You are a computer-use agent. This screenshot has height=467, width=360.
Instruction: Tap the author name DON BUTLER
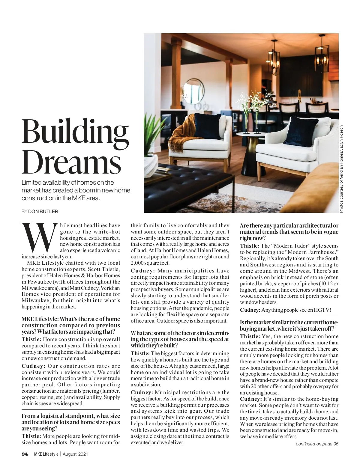point(43,212)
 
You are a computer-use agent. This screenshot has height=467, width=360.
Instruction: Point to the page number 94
point(25,454)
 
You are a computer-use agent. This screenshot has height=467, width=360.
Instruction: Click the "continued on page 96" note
point(317,444)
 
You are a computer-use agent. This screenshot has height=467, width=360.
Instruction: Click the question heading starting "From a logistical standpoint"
point(71,422)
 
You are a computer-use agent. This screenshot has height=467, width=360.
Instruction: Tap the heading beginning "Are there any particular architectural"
point(289,232)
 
